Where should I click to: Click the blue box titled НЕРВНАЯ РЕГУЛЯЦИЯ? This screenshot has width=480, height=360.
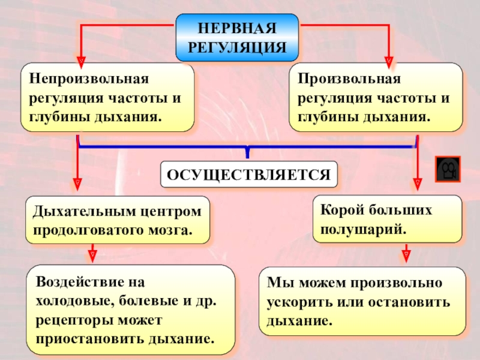click(236, 38)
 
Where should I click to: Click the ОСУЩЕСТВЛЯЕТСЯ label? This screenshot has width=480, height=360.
click(248, 174)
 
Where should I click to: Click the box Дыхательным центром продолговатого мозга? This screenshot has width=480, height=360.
click(117, 220)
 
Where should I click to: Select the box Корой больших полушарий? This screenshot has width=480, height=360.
click(387, 218)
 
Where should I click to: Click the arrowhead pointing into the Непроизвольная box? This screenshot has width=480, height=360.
click(82, 61)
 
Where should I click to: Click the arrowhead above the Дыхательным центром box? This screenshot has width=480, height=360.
click(77, 181)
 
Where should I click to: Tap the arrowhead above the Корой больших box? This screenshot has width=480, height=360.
click(416, 181)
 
